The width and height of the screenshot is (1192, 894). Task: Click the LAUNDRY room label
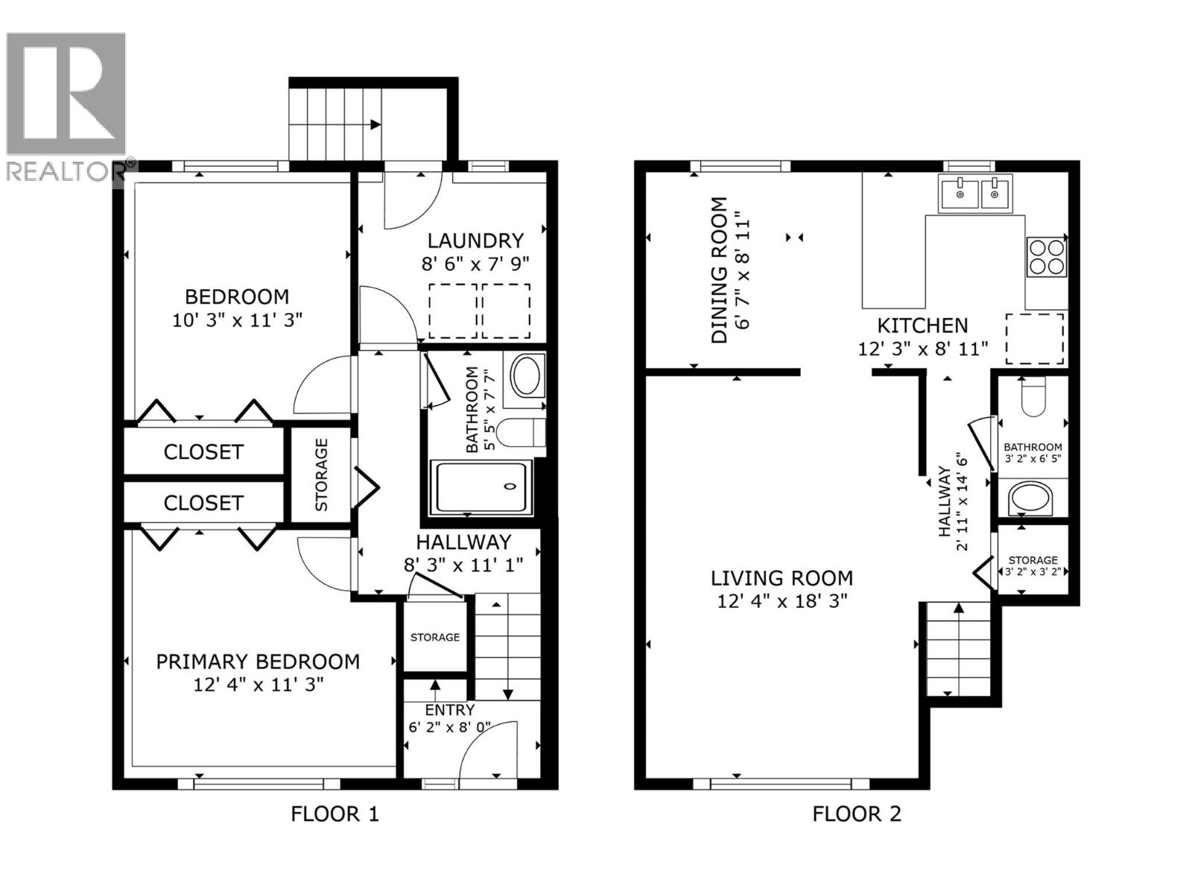tap(475, 241)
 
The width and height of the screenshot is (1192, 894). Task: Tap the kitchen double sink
tap(975, 194)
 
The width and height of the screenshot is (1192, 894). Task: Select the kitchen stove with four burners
tap(1046, 256)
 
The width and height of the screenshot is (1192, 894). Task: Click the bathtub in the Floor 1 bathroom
tap(483, 486)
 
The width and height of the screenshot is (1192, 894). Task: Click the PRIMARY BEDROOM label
tap(258, 662)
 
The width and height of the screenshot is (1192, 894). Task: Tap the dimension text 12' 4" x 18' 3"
tap(782, 600)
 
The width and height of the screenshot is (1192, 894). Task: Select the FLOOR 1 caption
tap(335, 814)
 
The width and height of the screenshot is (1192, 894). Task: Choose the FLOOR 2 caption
tap(857, 814)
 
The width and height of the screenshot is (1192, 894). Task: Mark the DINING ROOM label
tap(719, 270)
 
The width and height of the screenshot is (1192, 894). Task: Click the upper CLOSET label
tap(203, 452)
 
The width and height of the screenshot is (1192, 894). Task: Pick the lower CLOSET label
tap(203, 503)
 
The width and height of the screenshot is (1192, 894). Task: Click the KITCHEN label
tap(922, 326)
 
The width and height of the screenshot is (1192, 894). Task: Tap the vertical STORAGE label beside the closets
tap(322, 475)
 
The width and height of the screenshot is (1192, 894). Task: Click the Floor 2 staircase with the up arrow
tap(958, 648)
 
